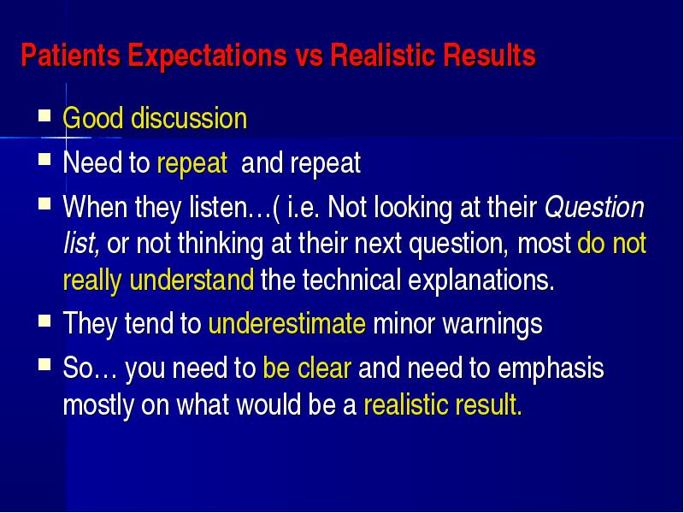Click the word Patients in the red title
(x=71, y=55)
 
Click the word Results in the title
(x=488, y=55)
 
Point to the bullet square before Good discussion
(x=44, y=115)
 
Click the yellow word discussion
(x=189, y=118)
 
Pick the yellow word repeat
(x=192, y=164)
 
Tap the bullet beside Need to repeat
(x=44, y=159)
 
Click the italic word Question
(x=594, y=208)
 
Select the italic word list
(x=81, y=243)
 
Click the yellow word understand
(x=192, y=280)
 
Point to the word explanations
(x=481, y=280)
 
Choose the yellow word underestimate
(x=287, y=323)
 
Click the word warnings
(x=492, y=325)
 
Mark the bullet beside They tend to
(x=44, y=321)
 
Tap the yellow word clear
(x=324, y=368)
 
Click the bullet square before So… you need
(x=44, y=364)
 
